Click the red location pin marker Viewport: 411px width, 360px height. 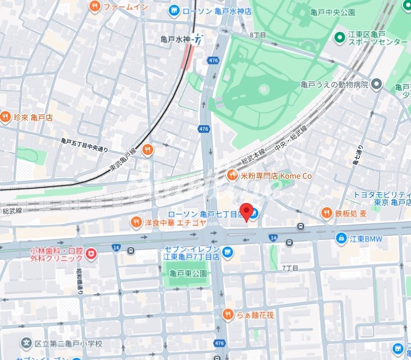point(246,212)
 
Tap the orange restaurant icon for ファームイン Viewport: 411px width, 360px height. point(95,6)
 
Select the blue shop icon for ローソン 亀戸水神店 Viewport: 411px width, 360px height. point(174,10)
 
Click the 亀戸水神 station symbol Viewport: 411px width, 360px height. point(198,39)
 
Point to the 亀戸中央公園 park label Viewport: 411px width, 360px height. point(333,12)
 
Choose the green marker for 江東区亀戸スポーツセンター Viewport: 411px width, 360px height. point(340,37)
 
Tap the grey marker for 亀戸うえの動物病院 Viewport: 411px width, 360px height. point(376,84)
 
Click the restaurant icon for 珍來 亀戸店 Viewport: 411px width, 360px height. point(5,117)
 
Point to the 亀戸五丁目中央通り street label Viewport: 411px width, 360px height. point(84,145)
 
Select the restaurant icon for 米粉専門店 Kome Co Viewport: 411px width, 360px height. point(232,175)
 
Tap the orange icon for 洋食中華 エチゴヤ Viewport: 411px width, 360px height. point(136,221)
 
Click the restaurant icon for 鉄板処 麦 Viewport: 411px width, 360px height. point(326,213)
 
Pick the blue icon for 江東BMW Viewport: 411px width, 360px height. point(341,238)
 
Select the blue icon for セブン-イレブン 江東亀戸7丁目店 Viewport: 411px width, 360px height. point(228,252)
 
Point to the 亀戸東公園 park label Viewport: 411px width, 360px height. point(188,273)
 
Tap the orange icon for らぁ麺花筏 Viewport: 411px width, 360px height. point(228,314)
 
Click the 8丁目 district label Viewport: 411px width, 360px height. point(257,35)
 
